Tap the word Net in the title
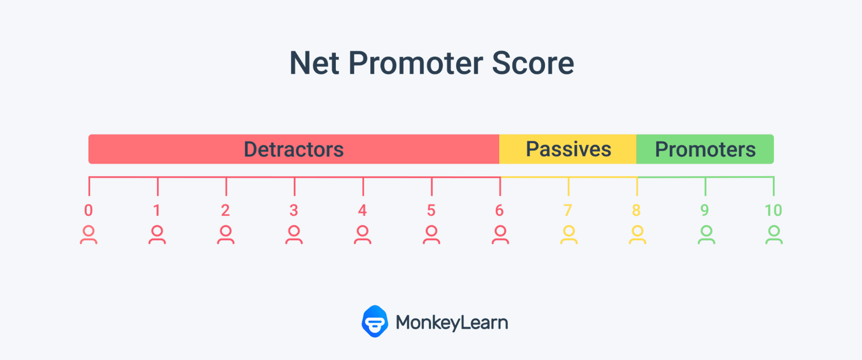pos(314,63)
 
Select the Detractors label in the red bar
pos(294,149)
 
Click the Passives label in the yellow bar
pos(568,149)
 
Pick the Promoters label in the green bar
pos(705,149)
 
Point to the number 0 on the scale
pos(88,210)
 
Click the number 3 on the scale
pos(294,210)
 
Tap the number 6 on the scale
pos(499,210)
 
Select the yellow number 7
pos(568,210)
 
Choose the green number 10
pos(773,210)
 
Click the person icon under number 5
pos(431,235)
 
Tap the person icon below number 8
pos(637,235)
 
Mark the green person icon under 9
pos(706,235)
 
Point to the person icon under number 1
pos(157,235)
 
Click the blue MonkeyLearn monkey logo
pos(375,321)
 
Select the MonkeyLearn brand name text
pos(452,323)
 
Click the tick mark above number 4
pos(363,186)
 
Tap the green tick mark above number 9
pos(705,186)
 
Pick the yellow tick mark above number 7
pos(568,186)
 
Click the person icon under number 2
pos(226,235)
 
